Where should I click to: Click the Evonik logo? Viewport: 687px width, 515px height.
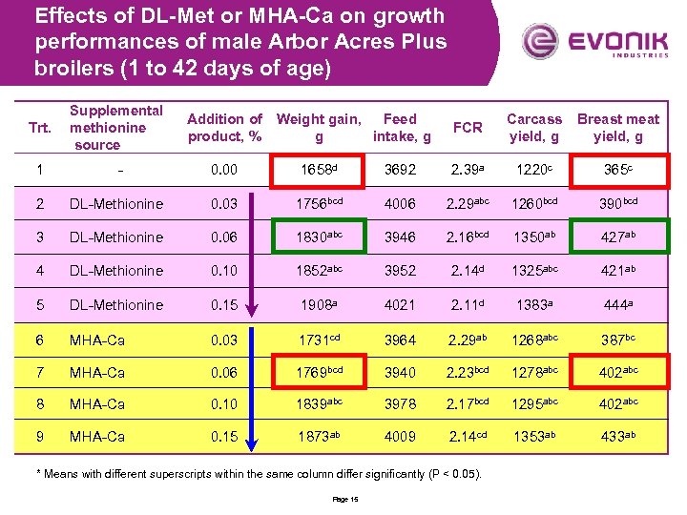pyautogui.click(x=591, y=42)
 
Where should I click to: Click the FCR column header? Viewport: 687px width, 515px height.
pyautogui.click(x=468, y=128)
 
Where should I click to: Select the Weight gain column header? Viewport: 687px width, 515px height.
pyautogui.click(x=319, y=128)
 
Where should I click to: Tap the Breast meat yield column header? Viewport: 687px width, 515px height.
pyautogui.click(x=617, y=128)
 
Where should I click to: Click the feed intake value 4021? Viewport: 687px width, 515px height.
pyautogui.click(x=401, y=305)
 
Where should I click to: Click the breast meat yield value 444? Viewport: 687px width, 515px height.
pyautogui.click(x=615, y=305)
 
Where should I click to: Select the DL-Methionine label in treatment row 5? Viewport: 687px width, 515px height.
pyautogui.click(x=115, y=305)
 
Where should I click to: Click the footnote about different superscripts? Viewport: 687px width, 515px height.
pyautogui.click(x=258, y=474)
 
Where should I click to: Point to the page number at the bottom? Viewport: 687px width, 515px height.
pyautogui.click(x=344, y=500)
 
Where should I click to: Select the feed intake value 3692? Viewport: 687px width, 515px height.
pyautogui.click(x=401, y=170)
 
